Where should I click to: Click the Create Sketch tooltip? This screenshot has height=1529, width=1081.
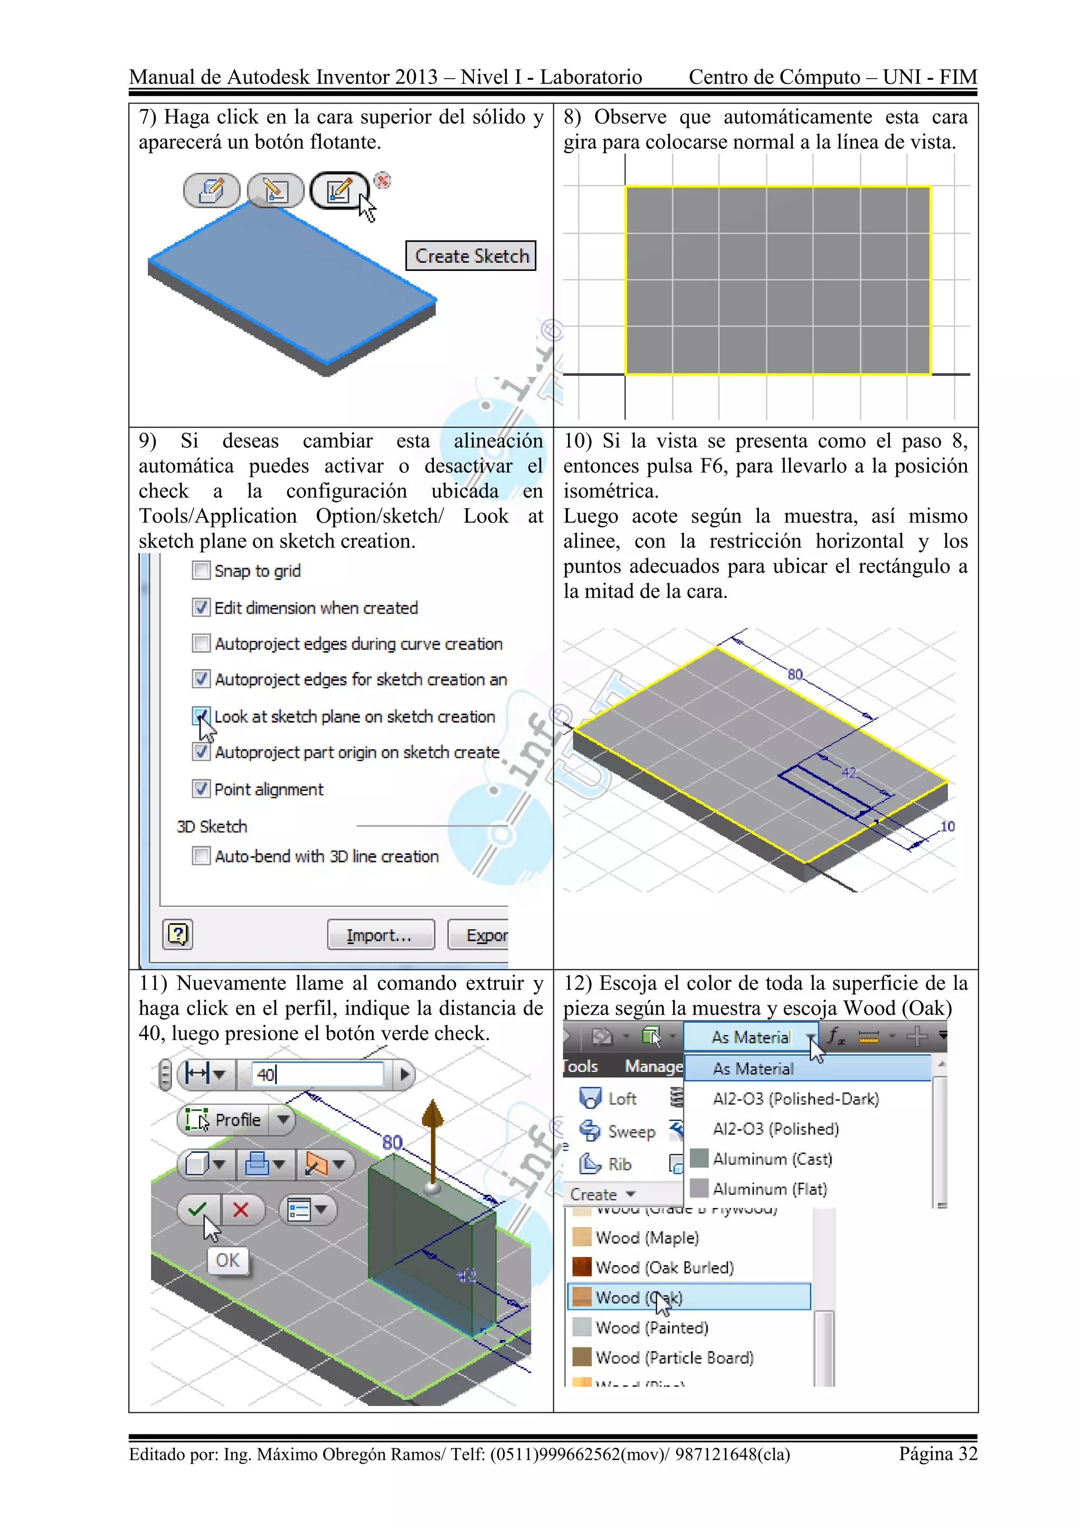[x=471, y=256]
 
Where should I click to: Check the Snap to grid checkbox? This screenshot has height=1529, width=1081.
[x=201, y=571]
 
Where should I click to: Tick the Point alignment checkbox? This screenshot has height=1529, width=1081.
[x=201, y=789]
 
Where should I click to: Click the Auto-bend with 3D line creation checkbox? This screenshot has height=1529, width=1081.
[x=201, y=856]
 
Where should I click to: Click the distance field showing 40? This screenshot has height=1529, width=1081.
[x=317, y=1074]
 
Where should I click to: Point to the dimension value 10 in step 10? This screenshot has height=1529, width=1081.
[x=947, y=826]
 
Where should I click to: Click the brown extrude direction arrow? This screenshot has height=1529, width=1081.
[x=433, y=1132]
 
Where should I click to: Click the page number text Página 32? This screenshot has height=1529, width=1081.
[x=938, y=1454]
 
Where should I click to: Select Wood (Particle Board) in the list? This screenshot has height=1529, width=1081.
[x=674, y=1357]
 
